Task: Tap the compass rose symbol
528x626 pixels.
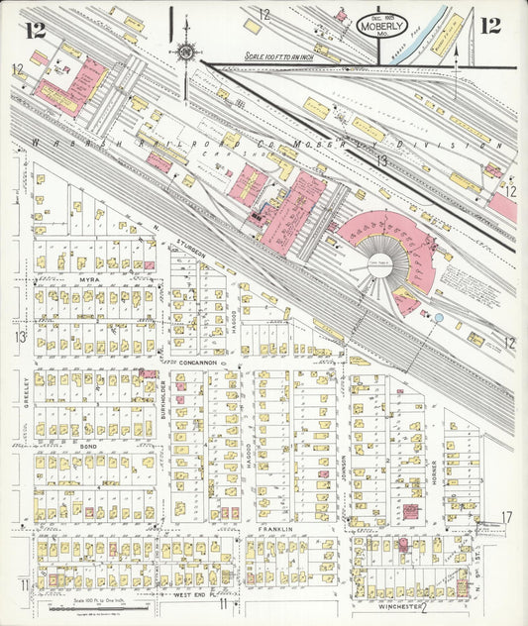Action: click(x=185, y=49)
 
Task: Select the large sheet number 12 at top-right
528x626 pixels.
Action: click(x=489, y=25)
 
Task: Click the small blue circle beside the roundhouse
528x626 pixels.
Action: click(x=437, y=317)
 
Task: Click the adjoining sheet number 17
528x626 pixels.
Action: click(x=506, y=517)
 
